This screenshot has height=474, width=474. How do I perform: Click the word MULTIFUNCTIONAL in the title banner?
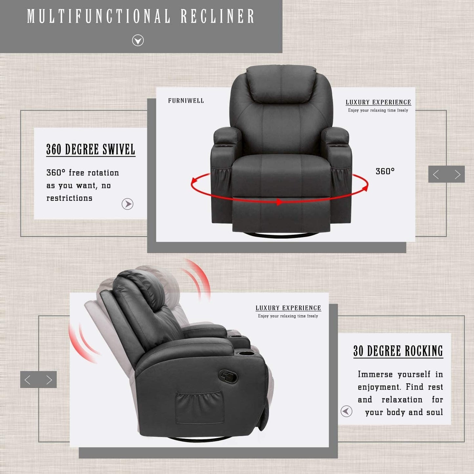99,16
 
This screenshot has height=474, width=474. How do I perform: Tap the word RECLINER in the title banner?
217,16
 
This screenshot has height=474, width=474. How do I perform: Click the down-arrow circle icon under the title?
138,40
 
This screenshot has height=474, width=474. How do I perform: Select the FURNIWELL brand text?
186,101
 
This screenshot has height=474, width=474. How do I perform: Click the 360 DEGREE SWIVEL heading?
91,150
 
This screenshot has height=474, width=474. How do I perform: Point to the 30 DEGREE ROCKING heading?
398,351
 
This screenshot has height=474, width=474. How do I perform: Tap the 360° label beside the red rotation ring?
385,171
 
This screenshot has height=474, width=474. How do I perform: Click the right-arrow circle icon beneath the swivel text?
127,204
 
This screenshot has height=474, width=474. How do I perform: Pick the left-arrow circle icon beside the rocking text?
346,411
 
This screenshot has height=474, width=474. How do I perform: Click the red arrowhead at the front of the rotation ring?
279,202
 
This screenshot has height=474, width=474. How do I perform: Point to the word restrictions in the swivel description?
70,198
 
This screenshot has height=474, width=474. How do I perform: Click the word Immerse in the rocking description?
375,374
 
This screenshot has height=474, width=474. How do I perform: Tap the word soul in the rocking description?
435,412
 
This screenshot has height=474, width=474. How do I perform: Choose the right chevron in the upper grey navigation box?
457,175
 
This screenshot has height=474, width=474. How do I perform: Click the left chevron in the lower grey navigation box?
28,380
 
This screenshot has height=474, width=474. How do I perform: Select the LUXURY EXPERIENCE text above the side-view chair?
288,308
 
